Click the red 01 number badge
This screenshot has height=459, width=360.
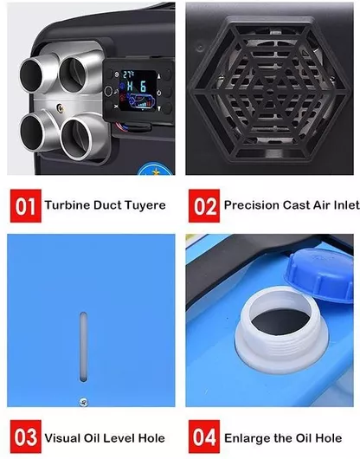tap(26, 206)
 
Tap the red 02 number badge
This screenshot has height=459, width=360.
tap(204, 206)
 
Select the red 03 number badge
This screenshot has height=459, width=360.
tap(26, 436)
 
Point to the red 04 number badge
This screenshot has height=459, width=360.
tap(204, 436)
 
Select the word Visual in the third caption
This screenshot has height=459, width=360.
tap(63, 438)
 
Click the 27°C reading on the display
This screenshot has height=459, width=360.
tap(127, 74)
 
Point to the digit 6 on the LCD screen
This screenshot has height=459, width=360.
tap(143, 87)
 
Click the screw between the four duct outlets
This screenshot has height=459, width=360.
tap(61, 108)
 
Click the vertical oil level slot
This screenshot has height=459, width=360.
tap(83, 347)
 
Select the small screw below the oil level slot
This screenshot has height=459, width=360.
tap(83, 402)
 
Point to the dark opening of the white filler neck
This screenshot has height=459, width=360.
tap(280, 321)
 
